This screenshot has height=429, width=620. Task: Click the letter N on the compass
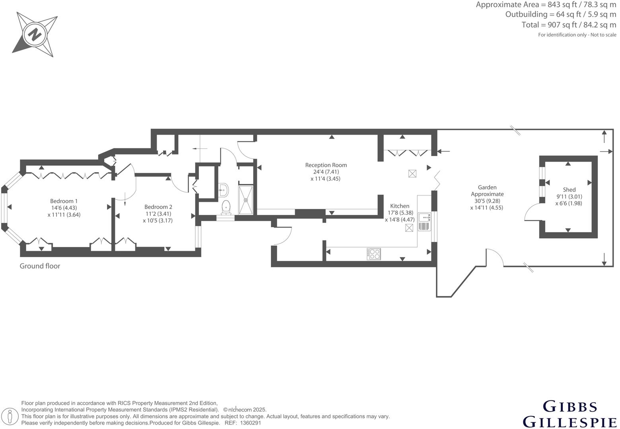[x=35, y=35]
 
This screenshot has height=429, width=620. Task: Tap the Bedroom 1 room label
[x=64, y=201]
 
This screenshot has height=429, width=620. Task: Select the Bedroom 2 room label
[x=158, y=207]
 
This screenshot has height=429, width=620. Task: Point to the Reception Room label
[x=326, y=165]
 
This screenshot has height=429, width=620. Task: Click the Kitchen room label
[x=399, y=206]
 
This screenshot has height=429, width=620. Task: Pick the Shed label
[x=569, y=189]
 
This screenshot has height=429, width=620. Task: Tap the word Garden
[x=487, y=187]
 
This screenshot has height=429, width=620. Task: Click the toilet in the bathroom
[x=226, y=207]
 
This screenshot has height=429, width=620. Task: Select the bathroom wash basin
[x=223, y=190]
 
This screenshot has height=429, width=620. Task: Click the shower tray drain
[x=245, y=200]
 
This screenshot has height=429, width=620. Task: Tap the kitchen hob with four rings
[x=374, y=254]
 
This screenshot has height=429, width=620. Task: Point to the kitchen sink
[x=424, y=222]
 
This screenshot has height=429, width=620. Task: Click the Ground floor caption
[x=40, y=266]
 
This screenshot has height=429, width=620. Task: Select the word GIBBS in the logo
[x=570, y=407]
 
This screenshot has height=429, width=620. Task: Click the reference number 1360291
[x=250, y=423]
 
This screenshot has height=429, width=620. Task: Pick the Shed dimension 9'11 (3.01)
[x=569, y=197]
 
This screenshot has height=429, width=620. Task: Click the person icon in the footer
[x=10, y=416]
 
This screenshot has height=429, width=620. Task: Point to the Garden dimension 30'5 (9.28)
[x=487, y=201]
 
